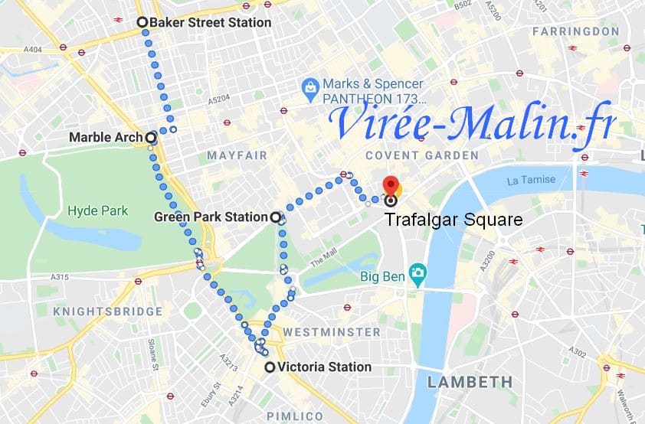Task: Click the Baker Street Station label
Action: (210, 23)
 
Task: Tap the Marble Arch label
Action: (106, 138)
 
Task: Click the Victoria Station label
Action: (324, 367)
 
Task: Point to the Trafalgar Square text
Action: (453, 220)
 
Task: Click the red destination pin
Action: (391, 186)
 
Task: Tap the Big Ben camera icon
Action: (417, 272)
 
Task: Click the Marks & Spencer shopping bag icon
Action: (310, 90)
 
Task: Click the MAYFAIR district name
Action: (237, 155)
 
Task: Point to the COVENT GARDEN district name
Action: (421, 155)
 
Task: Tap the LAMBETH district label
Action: (470, 381)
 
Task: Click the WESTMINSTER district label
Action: (331, 332)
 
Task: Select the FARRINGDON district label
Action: (575, 31)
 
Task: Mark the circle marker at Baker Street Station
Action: (142, 22)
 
